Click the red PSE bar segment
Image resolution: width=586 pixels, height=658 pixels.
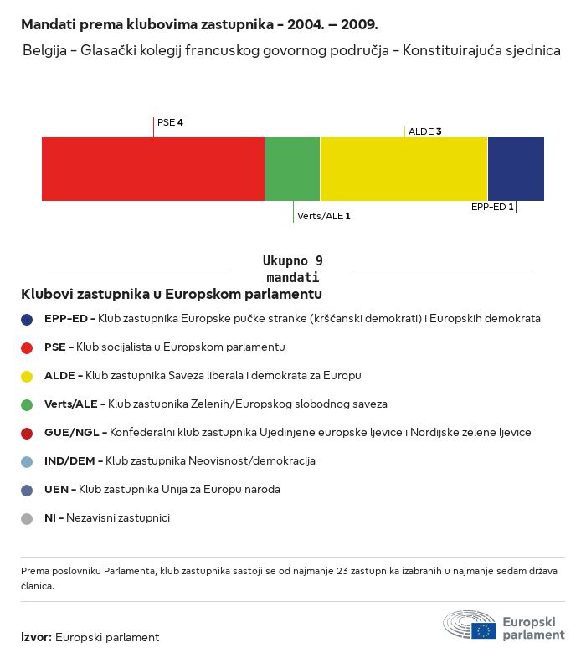point(153,169)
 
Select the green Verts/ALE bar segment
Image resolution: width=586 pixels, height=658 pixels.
point(292,169)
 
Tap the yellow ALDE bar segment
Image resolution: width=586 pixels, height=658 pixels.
point(404,169)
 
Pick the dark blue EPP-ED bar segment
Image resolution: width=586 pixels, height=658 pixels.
point(516,169)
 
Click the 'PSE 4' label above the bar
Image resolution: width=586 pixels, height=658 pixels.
point(170,122)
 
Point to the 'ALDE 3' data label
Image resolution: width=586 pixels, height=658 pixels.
point(424,131)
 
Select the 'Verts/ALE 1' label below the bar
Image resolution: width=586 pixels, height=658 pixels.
point(323,216)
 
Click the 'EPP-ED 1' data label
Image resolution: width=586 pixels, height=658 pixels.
point(492,207)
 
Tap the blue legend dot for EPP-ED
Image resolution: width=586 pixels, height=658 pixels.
point(27,320)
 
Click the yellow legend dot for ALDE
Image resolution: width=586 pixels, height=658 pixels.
point(27,377)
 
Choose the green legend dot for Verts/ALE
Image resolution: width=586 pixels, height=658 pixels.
point(27,405)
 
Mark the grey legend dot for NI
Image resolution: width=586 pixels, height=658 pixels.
point(27,519)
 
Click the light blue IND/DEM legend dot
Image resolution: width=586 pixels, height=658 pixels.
point(27,462)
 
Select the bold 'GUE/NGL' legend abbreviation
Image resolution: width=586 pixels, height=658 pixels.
point(72,433)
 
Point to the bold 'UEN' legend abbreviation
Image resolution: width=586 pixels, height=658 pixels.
point(56,489)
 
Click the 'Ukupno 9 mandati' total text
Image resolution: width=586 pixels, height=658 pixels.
point(292,269)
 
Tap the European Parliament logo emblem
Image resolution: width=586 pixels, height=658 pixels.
point(470,625)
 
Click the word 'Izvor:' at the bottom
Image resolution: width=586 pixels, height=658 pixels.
point(36,637)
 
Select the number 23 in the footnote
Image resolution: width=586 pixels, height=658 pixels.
point(342,571)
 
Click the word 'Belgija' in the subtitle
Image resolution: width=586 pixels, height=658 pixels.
point(44,50)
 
